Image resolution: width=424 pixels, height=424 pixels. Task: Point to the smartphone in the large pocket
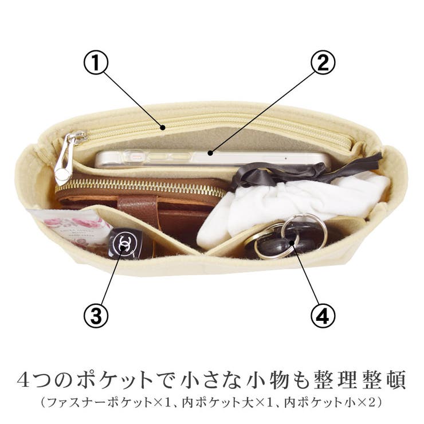(x=212, y=159)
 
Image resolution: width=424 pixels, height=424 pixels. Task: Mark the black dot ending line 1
(x=163, y=127)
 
